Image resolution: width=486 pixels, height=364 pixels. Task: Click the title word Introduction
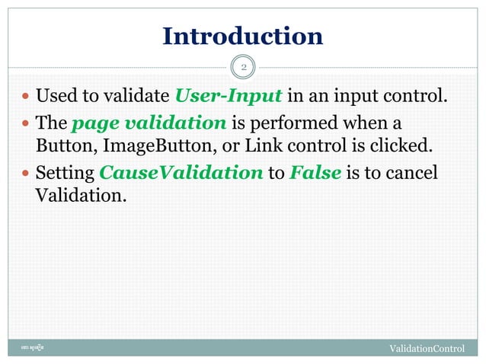coord(243,36)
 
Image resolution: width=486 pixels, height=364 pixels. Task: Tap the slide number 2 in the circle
coord(243,69)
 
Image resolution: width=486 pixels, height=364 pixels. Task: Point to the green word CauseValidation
coord(180,173)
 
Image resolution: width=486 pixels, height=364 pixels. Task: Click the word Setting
coord(66,173)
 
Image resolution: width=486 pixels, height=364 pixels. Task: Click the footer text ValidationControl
coord(427,349)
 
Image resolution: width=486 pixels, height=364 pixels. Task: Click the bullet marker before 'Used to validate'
coord(26,97)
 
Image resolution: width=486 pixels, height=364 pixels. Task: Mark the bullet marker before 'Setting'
coord(26,174)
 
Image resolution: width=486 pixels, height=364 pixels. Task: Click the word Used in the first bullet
coord(54,97)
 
